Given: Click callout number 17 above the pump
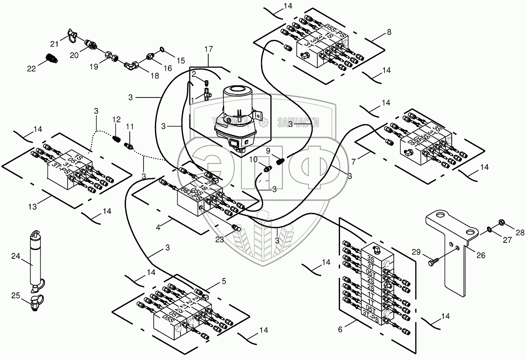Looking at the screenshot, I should pos(209,50).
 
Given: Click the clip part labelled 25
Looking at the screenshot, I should pos(34,302).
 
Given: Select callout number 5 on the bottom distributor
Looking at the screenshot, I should pos(224,282).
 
